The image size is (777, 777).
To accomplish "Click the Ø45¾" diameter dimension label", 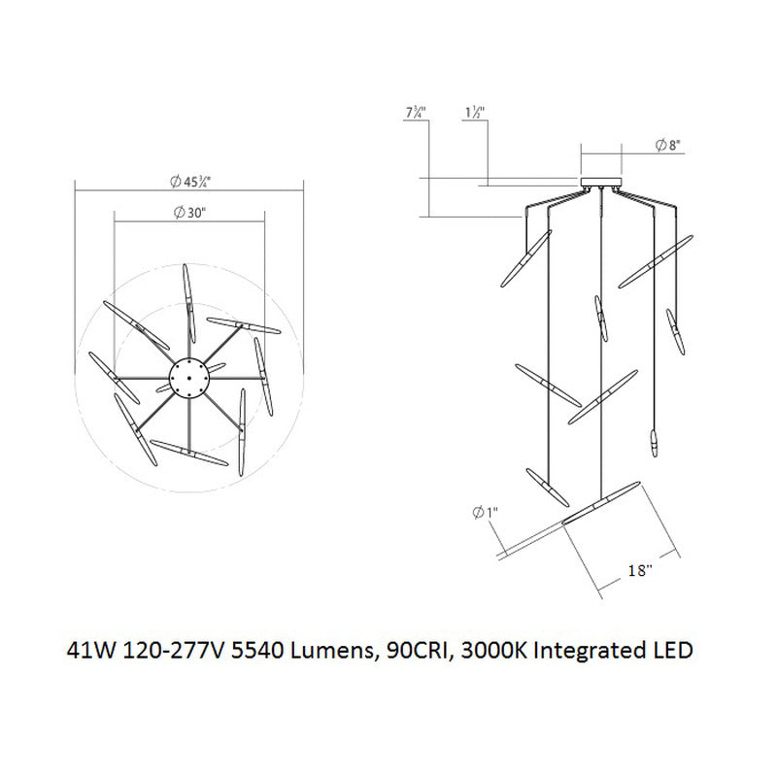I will coord(190,179).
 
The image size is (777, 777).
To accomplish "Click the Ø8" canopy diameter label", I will coord(668,147).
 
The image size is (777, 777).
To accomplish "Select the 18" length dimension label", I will coord(637,572).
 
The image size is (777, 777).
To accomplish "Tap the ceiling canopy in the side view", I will coord(601,182).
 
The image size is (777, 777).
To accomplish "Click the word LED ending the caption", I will coord(672,650).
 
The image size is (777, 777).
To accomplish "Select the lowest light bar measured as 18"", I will coord(602,502).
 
